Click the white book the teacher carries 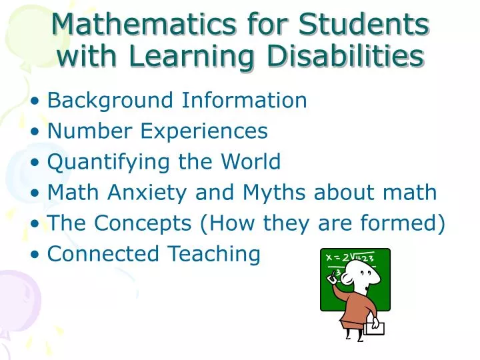coord(375,327)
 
